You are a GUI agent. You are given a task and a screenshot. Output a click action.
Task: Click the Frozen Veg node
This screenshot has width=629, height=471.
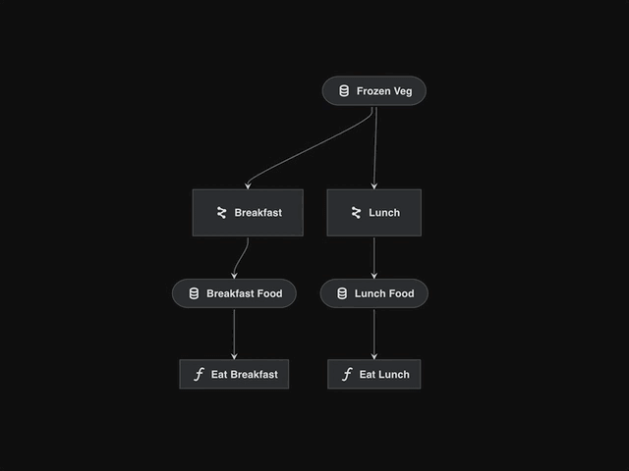pyautogui.click(x=373, y=91)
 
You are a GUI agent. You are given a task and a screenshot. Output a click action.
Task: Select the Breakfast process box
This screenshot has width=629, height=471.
pyautogui.click(x=248, y=213)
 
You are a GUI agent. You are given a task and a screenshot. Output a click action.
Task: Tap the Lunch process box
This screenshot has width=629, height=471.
pyautogui.click(x=373, y=213)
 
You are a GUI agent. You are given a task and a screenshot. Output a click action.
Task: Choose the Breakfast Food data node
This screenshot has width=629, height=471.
pyautogui.click(x=234, y=293)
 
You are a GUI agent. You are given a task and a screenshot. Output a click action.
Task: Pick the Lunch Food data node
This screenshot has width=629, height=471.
pyautogui.click(x=373, y=293)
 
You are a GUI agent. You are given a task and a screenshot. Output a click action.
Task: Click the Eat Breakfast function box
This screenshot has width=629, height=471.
pyautogui.click(x=234, y=374)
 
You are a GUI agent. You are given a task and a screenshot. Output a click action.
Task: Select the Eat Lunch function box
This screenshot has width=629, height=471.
pyautogui.click(x=373, y=374)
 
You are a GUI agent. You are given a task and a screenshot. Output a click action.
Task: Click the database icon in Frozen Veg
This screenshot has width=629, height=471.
pyautogui.click(x=344, y=91)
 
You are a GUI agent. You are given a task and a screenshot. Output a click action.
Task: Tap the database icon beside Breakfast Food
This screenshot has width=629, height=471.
pyautogui.click(x=194, y=293)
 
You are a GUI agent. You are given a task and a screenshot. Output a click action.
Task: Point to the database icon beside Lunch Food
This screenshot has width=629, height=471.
pyautogui.click(x=342, y=293)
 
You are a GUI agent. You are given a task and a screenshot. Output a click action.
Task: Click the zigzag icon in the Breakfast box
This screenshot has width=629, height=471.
pyautogui.click(x=221, y=213)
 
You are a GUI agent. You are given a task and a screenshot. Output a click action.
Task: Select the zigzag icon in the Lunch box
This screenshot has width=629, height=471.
pyautogui.click(x=356, y=213)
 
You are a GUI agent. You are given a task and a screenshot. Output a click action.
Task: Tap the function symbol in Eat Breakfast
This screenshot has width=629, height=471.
pyautogui.click(x=199, y=374)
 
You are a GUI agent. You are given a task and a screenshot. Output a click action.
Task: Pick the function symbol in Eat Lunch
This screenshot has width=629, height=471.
pyautogui.click(x=347, y=374)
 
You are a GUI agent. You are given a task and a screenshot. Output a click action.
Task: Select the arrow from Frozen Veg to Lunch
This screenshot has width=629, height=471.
pyautogui.click(x=375, y=147)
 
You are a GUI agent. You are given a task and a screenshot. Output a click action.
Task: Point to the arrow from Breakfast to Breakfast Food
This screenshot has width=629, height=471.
pyautogui.click(x=242, y=257)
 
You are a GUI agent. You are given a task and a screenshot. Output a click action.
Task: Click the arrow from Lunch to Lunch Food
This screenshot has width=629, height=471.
pyautogui.click(x=373, y=257)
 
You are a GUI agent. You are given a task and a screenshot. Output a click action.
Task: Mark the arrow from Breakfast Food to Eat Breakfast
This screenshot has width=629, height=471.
pyautogui.click(x=234, y=334)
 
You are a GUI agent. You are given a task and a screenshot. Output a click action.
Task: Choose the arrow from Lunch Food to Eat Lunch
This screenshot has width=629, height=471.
pyautogui.click(x=373, y=334)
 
